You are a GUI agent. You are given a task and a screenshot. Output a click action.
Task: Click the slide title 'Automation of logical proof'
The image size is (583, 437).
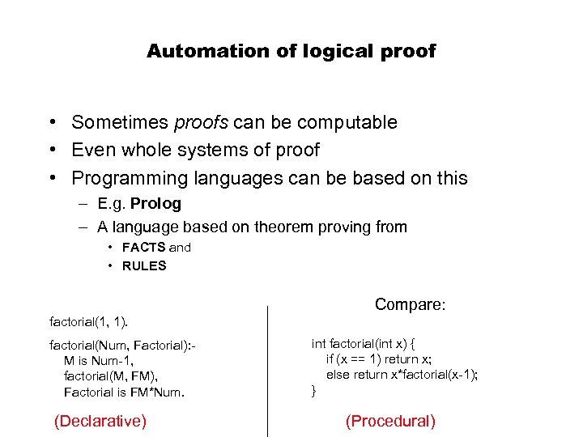pyautogui.click(x=291, y=52)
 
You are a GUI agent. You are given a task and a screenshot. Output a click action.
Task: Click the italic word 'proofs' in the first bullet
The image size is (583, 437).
pyautogui.click(x=200, y=123)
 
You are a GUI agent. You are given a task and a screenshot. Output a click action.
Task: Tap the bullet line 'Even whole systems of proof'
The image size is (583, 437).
pyautogui.click(x=195, y=151)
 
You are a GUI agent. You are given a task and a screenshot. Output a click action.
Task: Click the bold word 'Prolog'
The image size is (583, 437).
pyautogui.click(x=155, y=204)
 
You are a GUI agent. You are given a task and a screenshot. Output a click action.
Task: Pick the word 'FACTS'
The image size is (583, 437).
pyautogui.click(x=144, y=248)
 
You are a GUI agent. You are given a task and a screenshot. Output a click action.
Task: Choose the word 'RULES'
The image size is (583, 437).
pyautogui.click(x=144, y=265)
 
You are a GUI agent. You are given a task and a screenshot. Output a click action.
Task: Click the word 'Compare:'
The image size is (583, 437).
pyautogui.click(x=411, y=305)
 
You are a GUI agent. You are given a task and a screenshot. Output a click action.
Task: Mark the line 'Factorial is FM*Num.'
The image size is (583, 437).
pyautogui.click(x=124, y=392)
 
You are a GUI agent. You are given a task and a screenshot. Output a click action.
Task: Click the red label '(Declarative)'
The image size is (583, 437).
pyautogui.click(x=100, y=421)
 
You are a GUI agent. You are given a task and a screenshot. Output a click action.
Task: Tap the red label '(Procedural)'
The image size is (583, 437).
pyautogui.click(x=390, y=421)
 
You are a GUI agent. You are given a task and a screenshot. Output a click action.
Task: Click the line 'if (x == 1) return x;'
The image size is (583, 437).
pyautogui.click(x=379, y=359)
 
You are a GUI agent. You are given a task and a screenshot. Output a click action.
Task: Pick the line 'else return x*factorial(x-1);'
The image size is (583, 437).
pyautogui.click(x=402, y=375)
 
